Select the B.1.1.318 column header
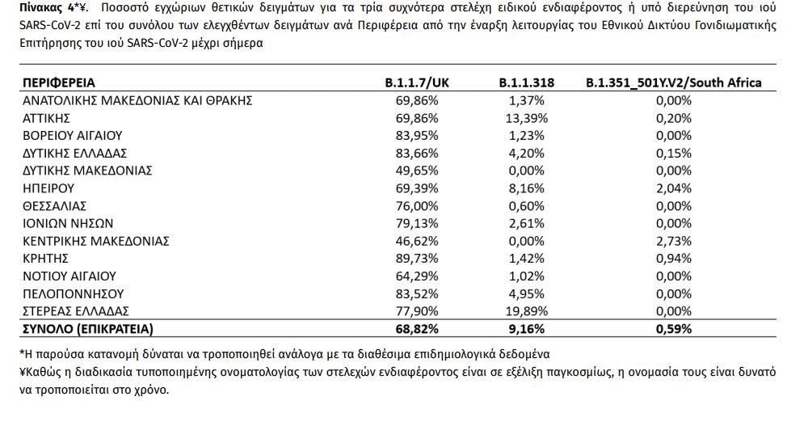527,82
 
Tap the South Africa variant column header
674,82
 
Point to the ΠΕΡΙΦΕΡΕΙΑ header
59,82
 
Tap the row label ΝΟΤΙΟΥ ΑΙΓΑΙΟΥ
69,276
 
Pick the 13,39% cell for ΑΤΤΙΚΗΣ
527,118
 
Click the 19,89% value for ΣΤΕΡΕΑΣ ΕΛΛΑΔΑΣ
527,310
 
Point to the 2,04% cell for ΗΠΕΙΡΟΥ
674,188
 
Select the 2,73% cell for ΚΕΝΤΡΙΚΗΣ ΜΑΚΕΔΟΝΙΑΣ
674,241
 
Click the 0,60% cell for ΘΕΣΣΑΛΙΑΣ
527,205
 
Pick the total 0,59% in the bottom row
674,328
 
